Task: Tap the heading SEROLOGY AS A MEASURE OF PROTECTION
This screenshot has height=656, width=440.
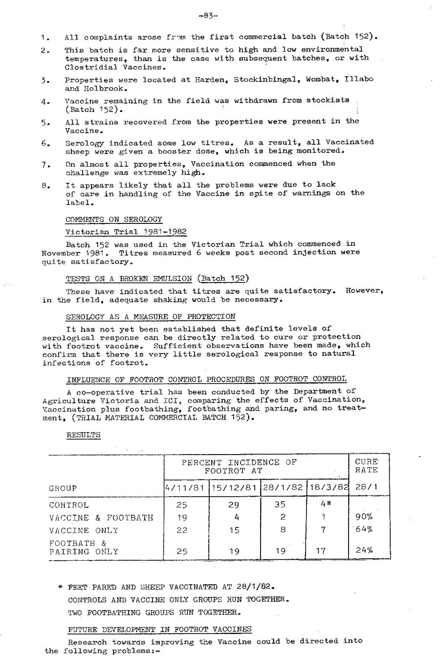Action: (x=150, y=316)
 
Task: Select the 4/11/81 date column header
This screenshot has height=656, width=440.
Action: (x=185, y=487)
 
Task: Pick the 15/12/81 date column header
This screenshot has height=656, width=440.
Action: (x=234, y=487)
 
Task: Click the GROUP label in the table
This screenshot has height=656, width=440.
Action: (x=63, y=488)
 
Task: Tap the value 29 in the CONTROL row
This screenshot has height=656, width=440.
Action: (x=234, y=505)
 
